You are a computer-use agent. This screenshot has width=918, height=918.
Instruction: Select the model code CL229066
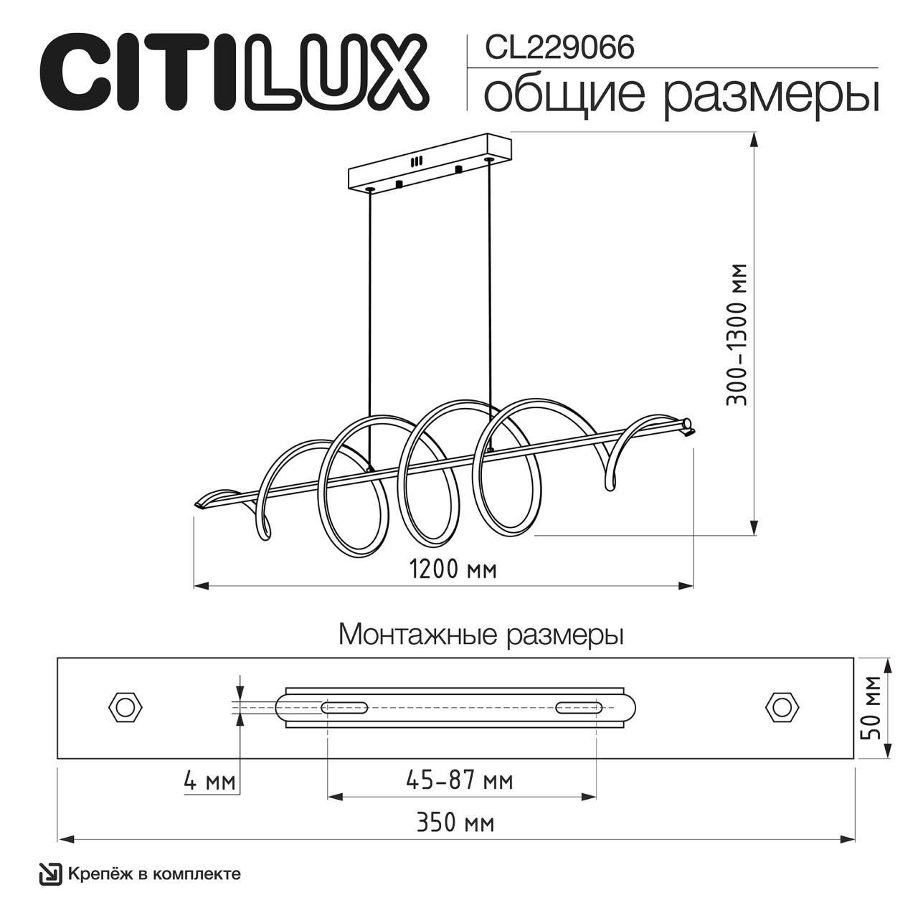[x=559, y=48]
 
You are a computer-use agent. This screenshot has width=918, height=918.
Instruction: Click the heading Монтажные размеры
[x=481, y=635]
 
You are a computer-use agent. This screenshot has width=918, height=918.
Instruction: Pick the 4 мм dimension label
[x=209, y=780]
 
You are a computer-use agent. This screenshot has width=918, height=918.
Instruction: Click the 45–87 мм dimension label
[x=460, y=780]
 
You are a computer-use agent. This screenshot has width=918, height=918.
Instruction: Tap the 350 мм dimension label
[x=455, y=823]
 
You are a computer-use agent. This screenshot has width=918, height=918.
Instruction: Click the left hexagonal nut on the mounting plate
[x=126, y=707]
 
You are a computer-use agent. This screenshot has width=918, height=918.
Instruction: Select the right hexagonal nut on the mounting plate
[x=782, y=707]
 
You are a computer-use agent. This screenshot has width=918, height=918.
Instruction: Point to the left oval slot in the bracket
[x=345, y=708]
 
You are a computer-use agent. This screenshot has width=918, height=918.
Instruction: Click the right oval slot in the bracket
[x=578, y=708]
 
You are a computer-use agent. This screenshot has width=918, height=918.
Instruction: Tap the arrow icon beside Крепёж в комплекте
[x=50, y=874]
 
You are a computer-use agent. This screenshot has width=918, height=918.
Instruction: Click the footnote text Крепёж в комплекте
[x=154, y=874]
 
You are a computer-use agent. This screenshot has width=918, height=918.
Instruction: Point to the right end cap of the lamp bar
[x=688, y=425]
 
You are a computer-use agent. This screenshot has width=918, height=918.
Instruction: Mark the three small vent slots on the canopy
[x=417, y=162]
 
